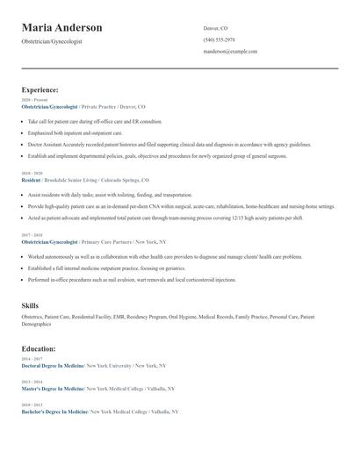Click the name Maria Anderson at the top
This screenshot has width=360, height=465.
click(x=61, y=28)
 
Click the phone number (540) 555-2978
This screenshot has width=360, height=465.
click(x=219, y=39)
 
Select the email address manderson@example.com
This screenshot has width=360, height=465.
click(x=230, y=51)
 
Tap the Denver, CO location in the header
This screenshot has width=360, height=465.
click(x=215, y=28)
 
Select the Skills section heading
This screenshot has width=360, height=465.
click(x=30, y=305)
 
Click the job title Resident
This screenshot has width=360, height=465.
click(x=30, y=179)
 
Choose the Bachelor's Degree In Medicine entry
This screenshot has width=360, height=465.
click(x=54, y=411)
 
